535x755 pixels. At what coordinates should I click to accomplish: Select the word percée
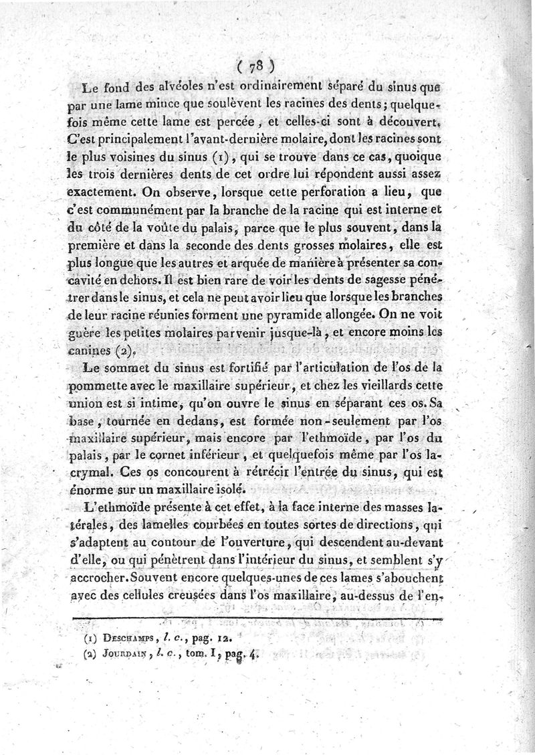tap(249, 122)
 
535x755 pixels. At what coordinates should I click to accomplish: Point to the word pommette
tap(111, 386)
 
